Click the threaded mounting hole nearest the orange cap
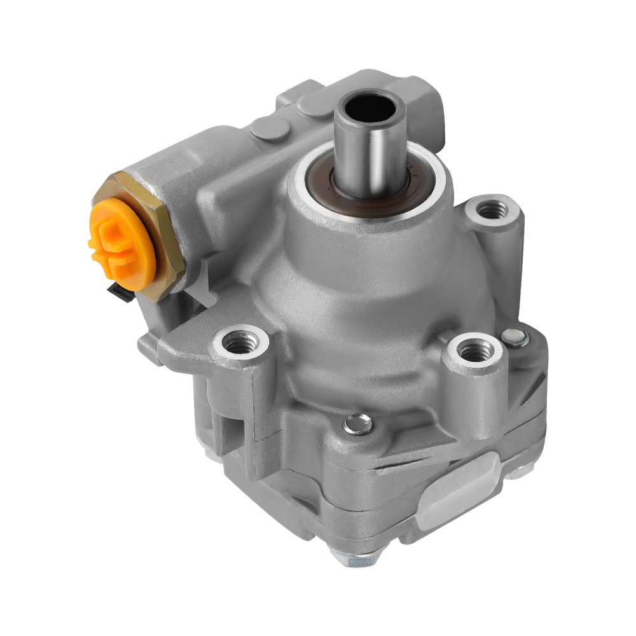click(x=241, y=344)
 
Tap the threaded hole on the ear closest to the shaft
click(x=490, y=209)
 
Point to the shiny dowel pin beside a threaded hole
click(x=515, y=337)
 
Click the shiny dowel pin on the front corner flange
click(x=358, y=424)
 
